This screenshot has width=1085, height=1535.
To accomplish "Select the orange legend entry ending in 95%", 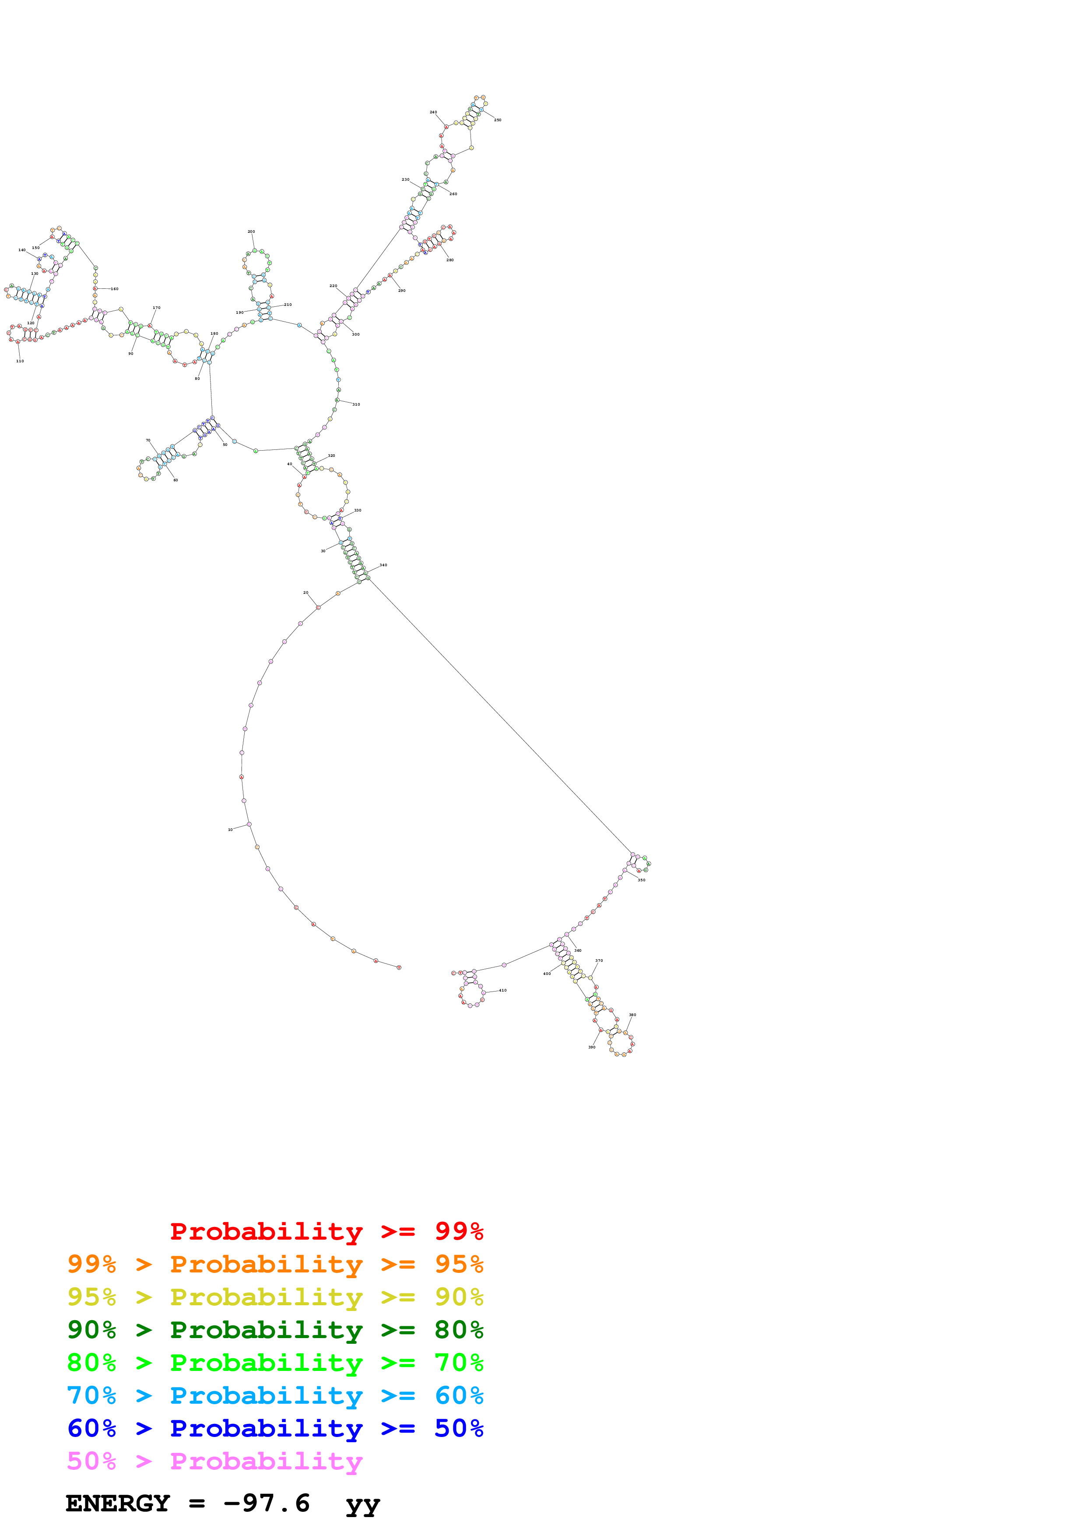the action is pyautogui.click(x=275, y=1264).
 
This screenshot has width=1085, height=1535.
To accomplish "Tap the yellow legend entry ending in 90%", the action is pyautogui.click(x=275, y=1297).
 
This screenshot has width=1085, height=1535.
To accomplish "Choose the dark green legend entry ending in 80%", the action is pyautogui.click(x=275, y=1330).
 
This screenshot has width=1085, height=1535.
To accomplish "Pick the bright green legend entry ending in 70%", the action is pyautogui.click(x=275, y=1363).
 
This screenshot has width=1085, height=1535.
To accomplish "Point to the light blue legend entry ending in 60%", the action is pyautogui.click(x=275, y=1395).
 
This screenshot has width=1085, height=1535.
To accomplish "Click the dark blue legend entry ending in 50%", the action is pyautogui.click(x=275, y=1428).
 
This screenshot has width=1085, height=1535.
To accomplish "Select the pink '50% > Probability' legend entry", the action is pyautogui.click(x=214, y=1461).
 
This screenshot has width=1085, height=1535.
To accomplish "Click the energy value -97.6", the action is pyautogui.click(x=267, y=1503).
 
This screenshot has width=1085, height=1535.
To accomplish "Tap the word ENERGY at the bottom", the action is pyautogui.click(x=118, y=1503).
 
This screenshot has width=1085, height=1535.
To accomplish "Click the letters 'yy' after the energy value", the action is pyautogui.click(x=362, y=1504).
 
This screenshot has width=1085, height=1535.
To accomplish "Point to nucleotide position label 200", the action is pyautogui.click(x=251, y=231).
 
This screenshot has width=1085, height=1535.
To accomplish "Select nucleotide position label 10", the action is pyautogui.click(x=231, y=830).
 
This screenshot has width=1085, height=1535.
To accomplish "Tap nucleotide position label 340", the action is pyautogui.click(x=383, y=565).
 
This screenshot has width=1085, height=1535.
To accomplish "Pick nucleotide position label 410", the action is pyautogui.click(x=503, y=990).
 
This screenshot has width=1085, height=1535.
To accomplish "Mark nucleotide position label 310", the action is pyautogui.click(x=356, y=404).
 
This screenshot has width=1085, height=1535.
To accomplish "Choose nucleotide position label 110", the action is pyautogui.click(x=20, y=361).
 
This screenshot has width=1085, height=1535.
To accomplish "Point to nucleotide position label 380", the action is pyautogui.click(x=632, y=1015).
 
